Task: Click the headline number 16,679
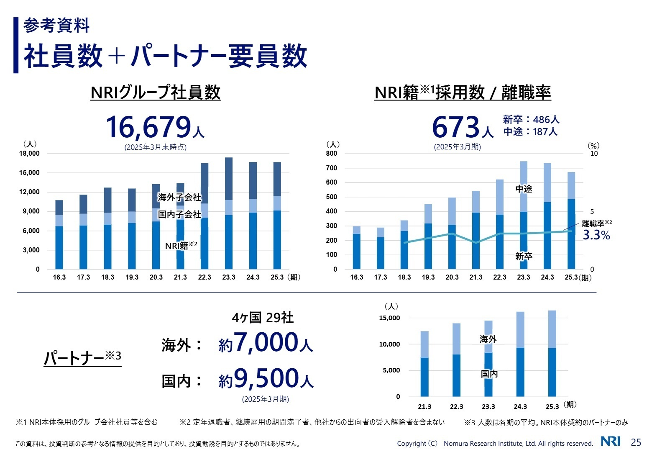(148, 127)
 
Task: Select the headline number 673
(455, 127)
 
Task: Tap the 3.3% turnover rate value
(596, 235)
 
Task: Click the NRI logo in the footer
(610, 442)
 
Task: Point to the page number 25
(636, 442)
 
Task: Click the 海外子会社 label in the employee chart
(179, 197)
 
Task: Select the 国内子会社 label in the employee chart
(179, 214)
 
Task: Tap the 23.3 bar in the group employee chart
(229, 213)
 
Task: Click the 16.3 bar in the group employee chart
(59, 235)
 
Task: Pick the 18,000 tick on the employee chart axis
(29, 154)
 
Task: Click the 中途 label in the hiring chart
(524, 189)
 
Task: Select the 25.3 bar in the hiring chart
(571, 221)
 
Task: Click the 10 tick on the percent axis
(594, 154)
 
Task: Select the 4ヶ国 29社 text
(263, 318)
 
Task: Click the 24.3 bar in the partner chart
(520, 354)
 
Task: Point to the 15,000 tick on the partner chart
(389, 318)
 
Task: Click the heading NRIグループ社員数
(155, 92)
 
